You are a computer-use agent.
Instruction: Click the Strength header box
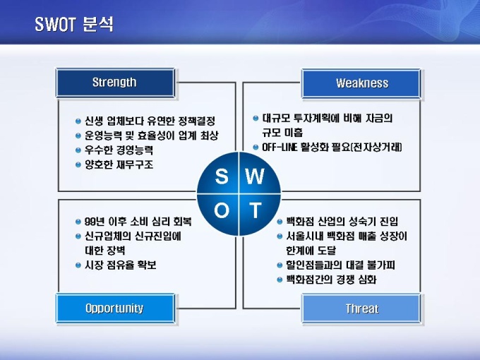[x=115, y=83]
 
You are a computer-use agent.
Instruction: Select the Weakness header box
[x=361, y=83]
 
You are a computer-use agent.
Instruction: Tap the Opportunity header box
[x=115, y=308]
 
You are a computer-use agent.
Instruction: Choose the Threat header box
[x=361, y=308]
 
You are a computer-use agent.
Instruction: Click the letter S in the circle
[x=222, y=176]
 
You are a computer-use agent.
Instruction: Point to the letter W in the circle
[x=254, y=176]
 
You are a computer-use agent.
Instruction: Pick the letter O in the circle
[x=222, y=210]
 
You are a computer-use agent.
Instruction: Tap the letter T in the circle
[x=255, y=210]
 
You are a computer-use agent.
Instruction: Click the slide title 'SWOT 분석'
[x=74, y=24]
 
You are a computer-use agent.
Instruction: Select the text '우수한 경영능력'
[x=119, y=150]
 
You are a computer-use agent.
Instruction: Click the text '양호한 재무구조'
[x=119, y=164]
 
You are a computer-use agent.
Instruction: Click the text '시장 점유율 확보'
[x=120, y=265]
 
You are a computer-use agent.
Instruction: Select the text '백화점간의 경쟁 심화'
[x=331, y=280]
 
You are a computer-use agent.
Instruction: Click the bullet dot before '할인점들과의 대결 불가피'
[x=280, y=265]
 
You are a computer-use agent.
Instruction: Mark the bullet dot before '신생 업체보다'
[x=78, y=121]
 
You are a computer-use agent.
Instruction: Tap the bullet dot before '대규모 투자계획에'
[x=256, y=118]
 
